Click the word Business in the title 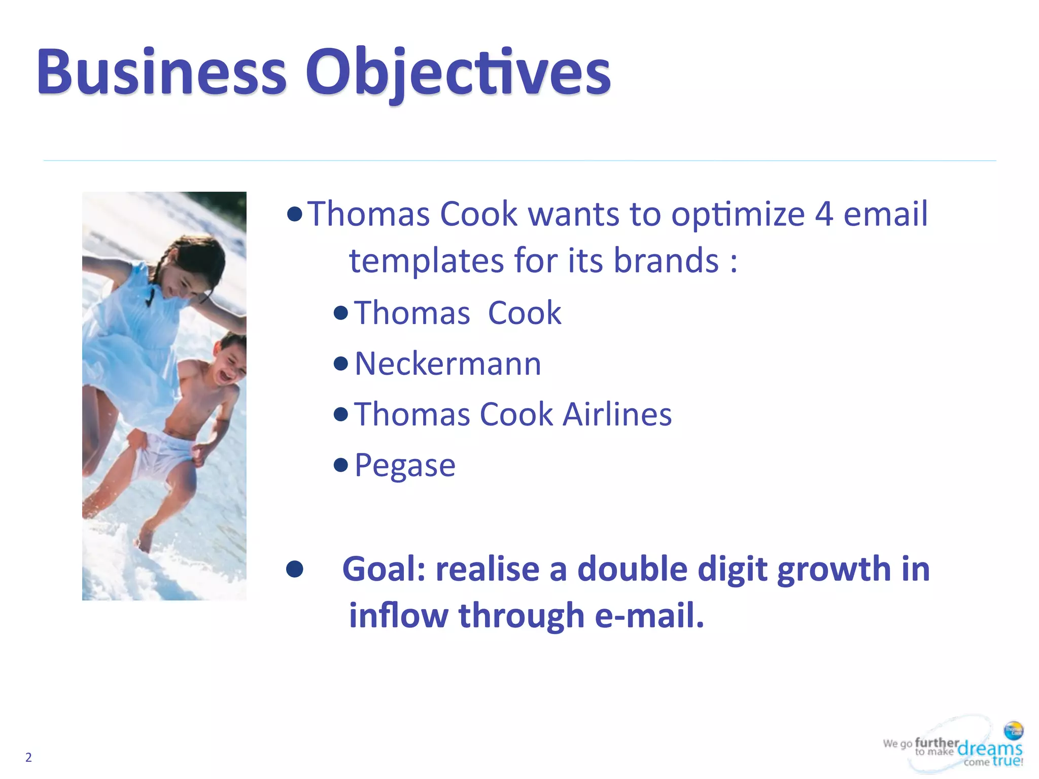(161, 72)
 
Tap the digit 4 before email (824, 214)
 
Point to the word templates (426, 261)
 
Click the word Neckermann (447, 364)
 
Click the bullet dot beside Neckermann (341, 364)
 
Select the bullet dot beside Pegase (341, 465)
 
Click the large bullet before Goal (295, 569)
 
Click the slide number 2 (28, 757)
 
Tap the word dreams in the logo (989, 748)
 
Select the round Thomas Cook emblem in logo (1014, 731)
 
